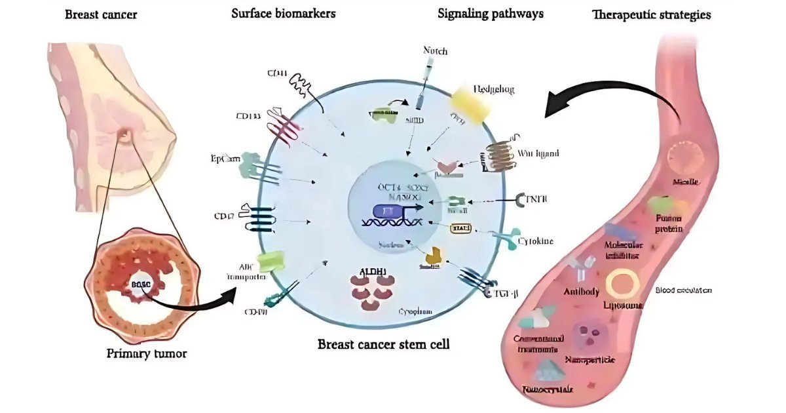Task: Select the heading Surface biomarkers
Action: coord(284,14)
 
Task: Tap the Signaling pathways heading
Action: coord(491,14)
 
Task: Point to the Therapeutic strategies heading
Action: coord(651,14)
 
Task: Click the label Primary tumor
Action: coord(147,354)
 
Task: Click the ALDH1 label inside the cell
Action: coord(372,271)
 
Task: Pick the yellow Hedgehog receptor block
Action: coord(468,108)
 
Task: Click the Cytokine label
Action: coord(535,241)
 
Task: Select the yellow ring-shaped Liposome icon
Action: coord(623,284)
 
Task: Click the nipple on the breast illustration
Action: coord(123,135)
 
